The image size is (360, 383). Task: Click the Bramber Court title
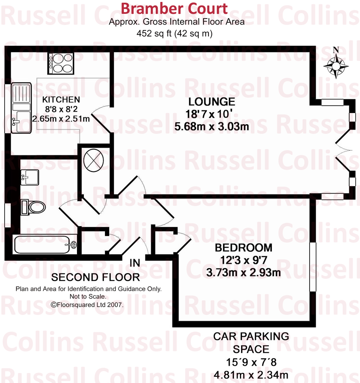point(175,8)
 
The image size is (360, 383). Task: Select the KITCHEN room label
point(61,100)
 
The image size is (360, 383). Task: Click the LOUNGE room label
point(212,102)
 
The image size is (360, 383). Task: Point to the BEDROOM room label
point(243,248)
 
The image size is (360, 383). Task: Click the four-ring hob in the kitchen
point(60,63)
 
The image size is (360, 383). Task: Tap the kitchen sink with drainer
point(21,108)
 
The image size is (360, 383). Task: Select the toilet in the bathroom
point(33,207)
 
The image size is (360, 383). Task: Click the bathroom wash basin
point(30,177)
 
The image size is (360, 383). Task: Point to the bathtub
point(46,244)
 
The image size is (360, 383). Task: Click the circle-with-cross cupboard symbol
point(93,159)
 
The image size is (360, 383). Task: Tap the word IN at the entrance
point(135,263)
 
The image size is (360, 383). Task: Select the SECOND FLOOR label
point(95,277)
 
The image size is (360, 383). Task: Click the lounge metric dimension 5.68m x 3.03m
point(212,126)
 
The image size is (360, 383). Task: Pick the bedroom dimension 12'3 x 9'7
point(243,260)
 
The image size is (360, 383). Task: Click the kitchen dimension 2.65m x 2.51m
point(61,119)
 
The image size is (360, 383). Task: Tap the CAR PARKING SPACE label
point(251,342)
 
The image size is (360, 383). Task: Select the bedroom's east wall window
point(312,267)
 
